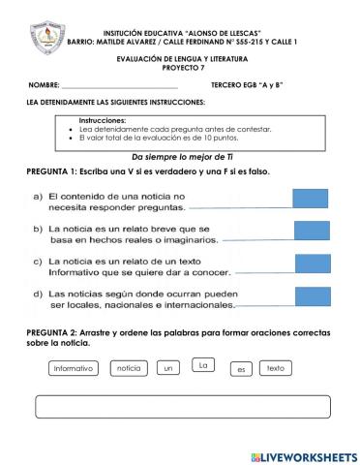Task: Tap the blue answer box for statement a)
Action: click(x=311, y=199)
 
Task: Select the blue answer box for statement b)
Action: click(x=311, y=232)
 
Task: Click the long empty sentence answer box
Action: click(x=179, y=407)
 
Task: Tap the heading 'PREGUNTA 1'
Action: click(x=57, y=170)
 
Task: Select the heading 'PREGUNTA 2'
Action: click(x=57, y=332)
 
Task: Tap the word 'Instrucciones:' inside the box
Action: click(x=105, y=119)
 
